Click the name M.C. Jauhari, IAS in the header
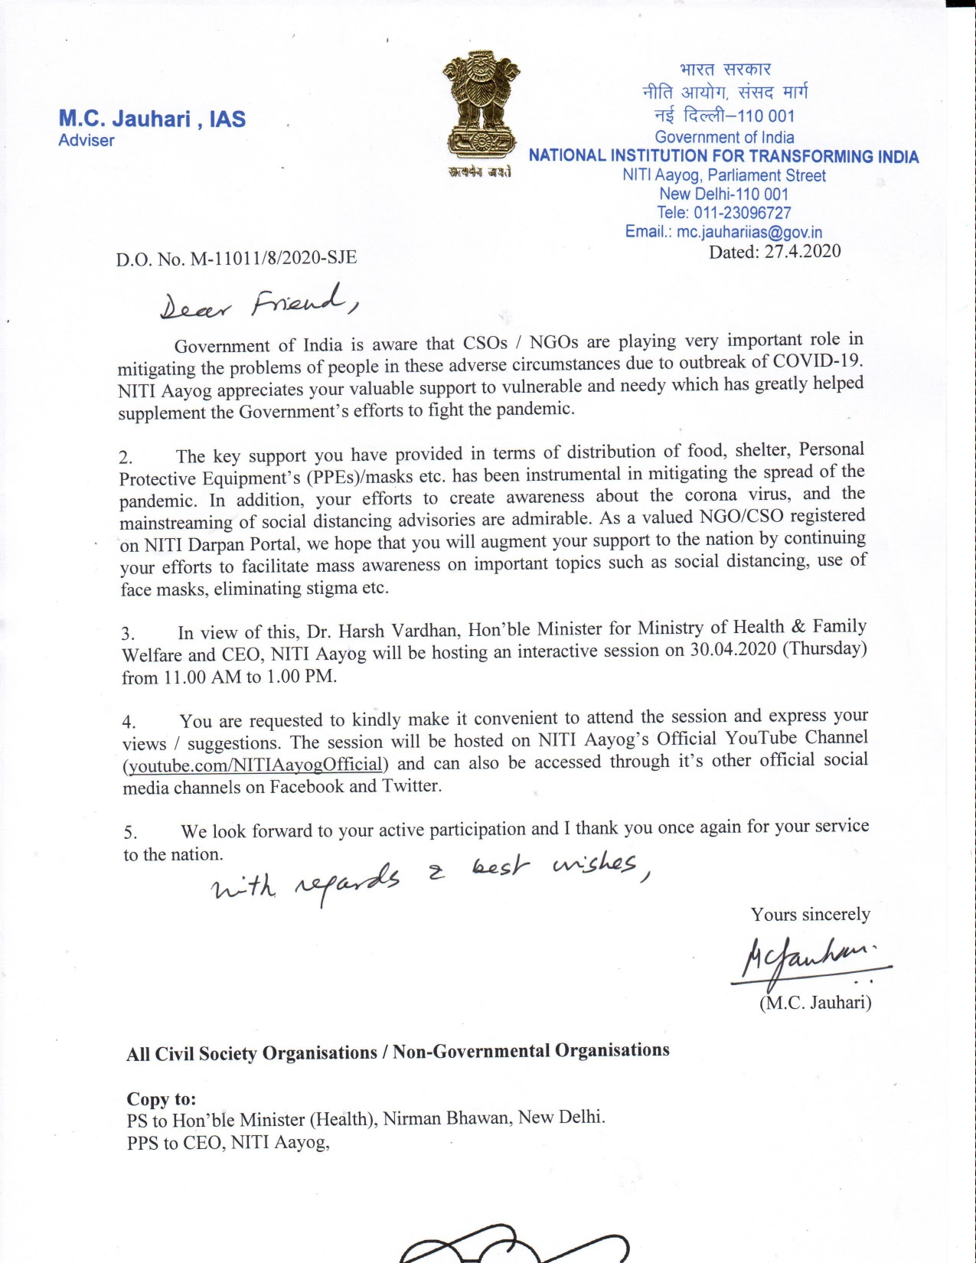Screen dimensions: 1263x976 152,119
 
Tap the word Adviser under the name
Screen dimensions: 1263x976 87,141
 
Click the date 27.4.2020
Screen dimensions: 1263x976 802,252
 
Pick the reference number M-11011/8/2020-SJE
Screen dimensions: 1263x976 273,257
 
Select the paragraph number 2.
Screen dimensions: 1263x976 126,459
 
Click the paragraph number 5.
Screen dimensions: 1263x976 130,833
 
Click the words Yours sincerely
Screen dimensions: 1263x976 810,915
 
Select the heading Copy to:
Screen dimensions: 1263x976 162,1099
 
